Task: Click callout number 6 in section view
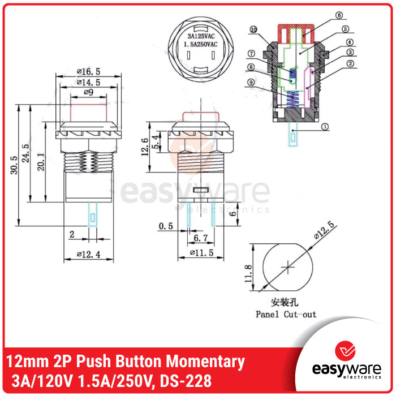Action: tap(339, 15)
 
